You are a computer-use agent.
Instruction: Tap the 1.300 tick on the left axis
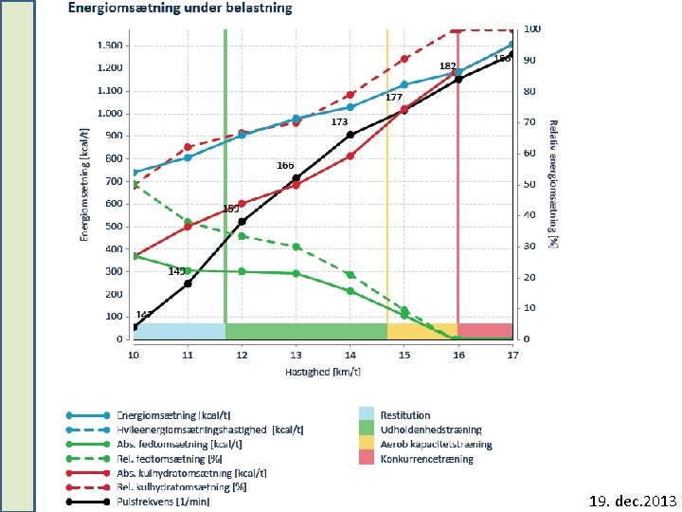(x=112, y=46)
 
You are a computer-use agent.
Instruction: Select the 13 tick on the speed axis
(x=296, y=355)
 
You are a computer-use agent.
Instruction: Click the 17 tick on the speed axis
(x=512, y=355)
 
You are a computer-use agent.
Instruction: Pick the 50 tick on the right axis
(x=529, y=184)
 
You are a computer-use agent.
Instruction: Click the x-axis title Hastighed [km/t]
(x=322, y=372)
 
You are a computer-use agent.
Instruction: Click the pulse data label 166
(x=285, y=166)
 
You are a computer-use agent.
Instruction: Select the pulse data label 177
(x=394, y=98)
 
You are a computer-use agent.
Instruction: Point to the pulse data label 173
(x=339, y=122)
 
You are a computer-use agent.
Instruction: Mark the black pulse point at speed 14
(x=350, y=135)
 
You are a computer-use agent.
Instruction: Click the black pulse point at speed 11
(x=188, y=283)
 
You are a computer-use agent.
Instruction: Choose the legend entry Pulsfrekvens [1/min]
(x=163, y=502)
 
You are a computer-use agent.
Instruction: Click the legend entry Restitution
(x=404, y=415)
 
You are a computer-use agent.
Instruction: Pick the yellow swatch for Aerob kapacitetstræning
(x=366, y=444)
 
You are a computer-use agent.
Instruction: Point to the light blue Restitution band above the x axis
(x=179, y=331)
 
